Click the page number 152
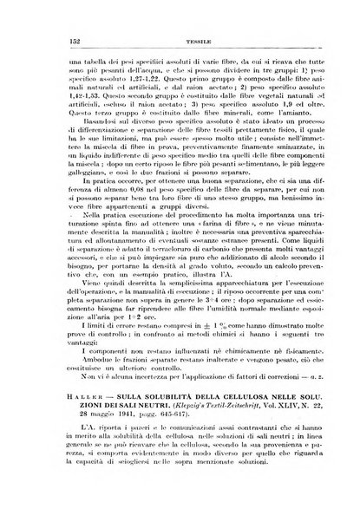[51, 27]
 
